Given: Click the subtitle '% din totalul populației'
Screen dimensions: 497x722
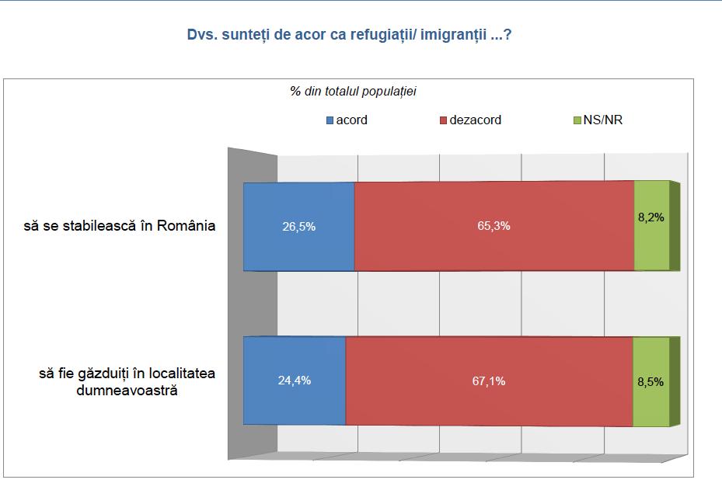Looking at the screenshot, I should coord(354,92).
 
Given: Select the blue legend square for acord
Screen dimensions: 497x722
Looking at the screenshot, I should coord(330,120).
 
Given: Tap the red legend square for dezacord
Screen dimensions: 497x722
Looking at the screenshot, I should coord(444,120).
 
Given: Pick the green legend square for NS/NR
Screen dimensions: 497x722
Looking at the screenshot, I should coord(577,120).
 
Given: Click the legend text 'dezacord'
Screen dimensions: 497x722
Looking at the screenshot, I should coord(476,120).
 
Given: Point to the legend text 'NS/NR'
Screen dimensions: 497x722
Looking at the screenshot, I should coord(602,120).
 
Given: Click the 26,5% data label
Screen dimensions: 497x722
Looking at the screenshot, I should coord(298,227).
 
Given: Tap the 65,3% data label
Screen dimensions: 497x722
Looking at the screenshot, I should coord(494,227).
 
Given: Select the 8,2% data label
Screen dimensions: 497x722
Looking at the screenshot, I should coord(651,218).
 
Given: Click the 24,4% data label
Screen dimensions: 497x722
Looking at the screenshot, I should coord(294,381).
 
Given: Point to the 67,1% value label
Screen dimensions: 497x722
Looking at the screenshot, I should coord(489,381).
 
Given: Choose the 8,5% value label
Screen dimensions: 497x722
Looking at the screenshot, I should coord(650,381).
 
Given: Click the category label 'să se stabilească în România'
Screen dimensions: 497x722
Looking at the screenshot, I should coord(119,227).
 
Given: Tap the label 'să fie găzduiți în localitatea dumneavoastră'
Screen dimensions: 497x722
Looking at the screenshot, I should coord(127,381).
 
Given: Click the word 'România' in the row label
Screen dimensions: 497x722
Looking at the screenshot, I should coord(186,227).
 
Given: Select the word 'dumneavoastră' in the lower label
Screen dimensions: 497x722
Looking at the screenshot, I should coord(127,390).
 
